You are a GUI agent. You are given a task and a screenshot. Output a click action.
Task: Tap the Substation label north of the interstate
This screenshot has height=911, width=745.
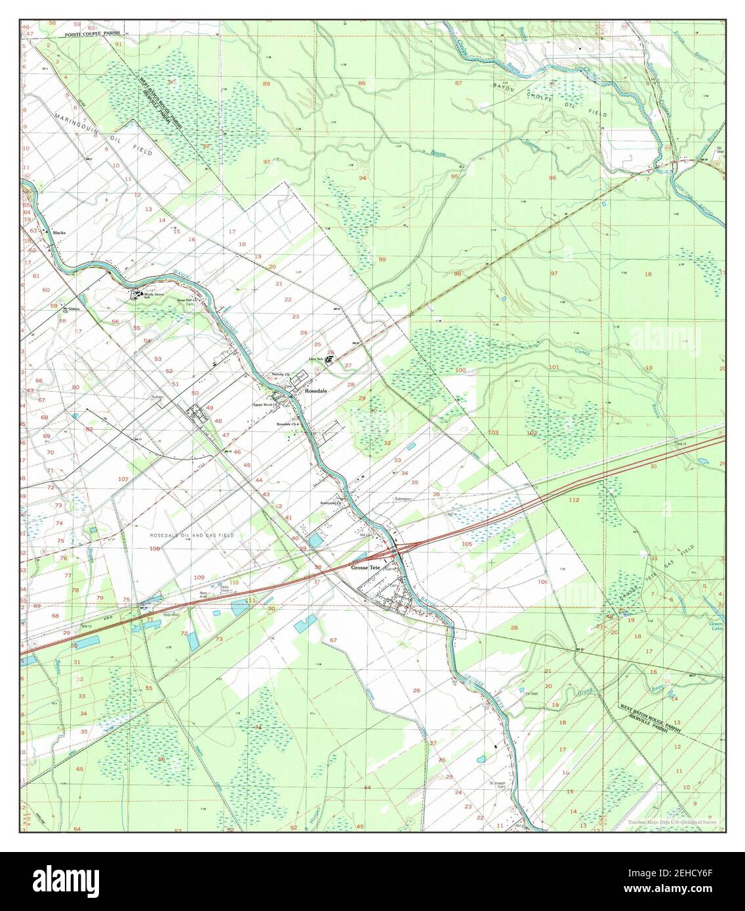click(x=403, y=499)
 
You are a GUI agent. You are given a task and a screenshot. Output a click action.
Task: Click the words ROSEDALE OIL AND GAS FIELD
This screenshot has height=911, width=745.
click(x=191, y=535)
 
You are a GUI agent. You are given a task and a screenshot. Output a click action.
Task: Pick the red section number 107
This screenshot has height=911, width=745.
click(x=123, y=479)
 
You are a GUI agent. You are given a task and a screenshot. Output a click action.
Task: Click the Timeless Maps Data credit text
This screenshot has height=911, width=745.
click(x=672, y=822)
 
